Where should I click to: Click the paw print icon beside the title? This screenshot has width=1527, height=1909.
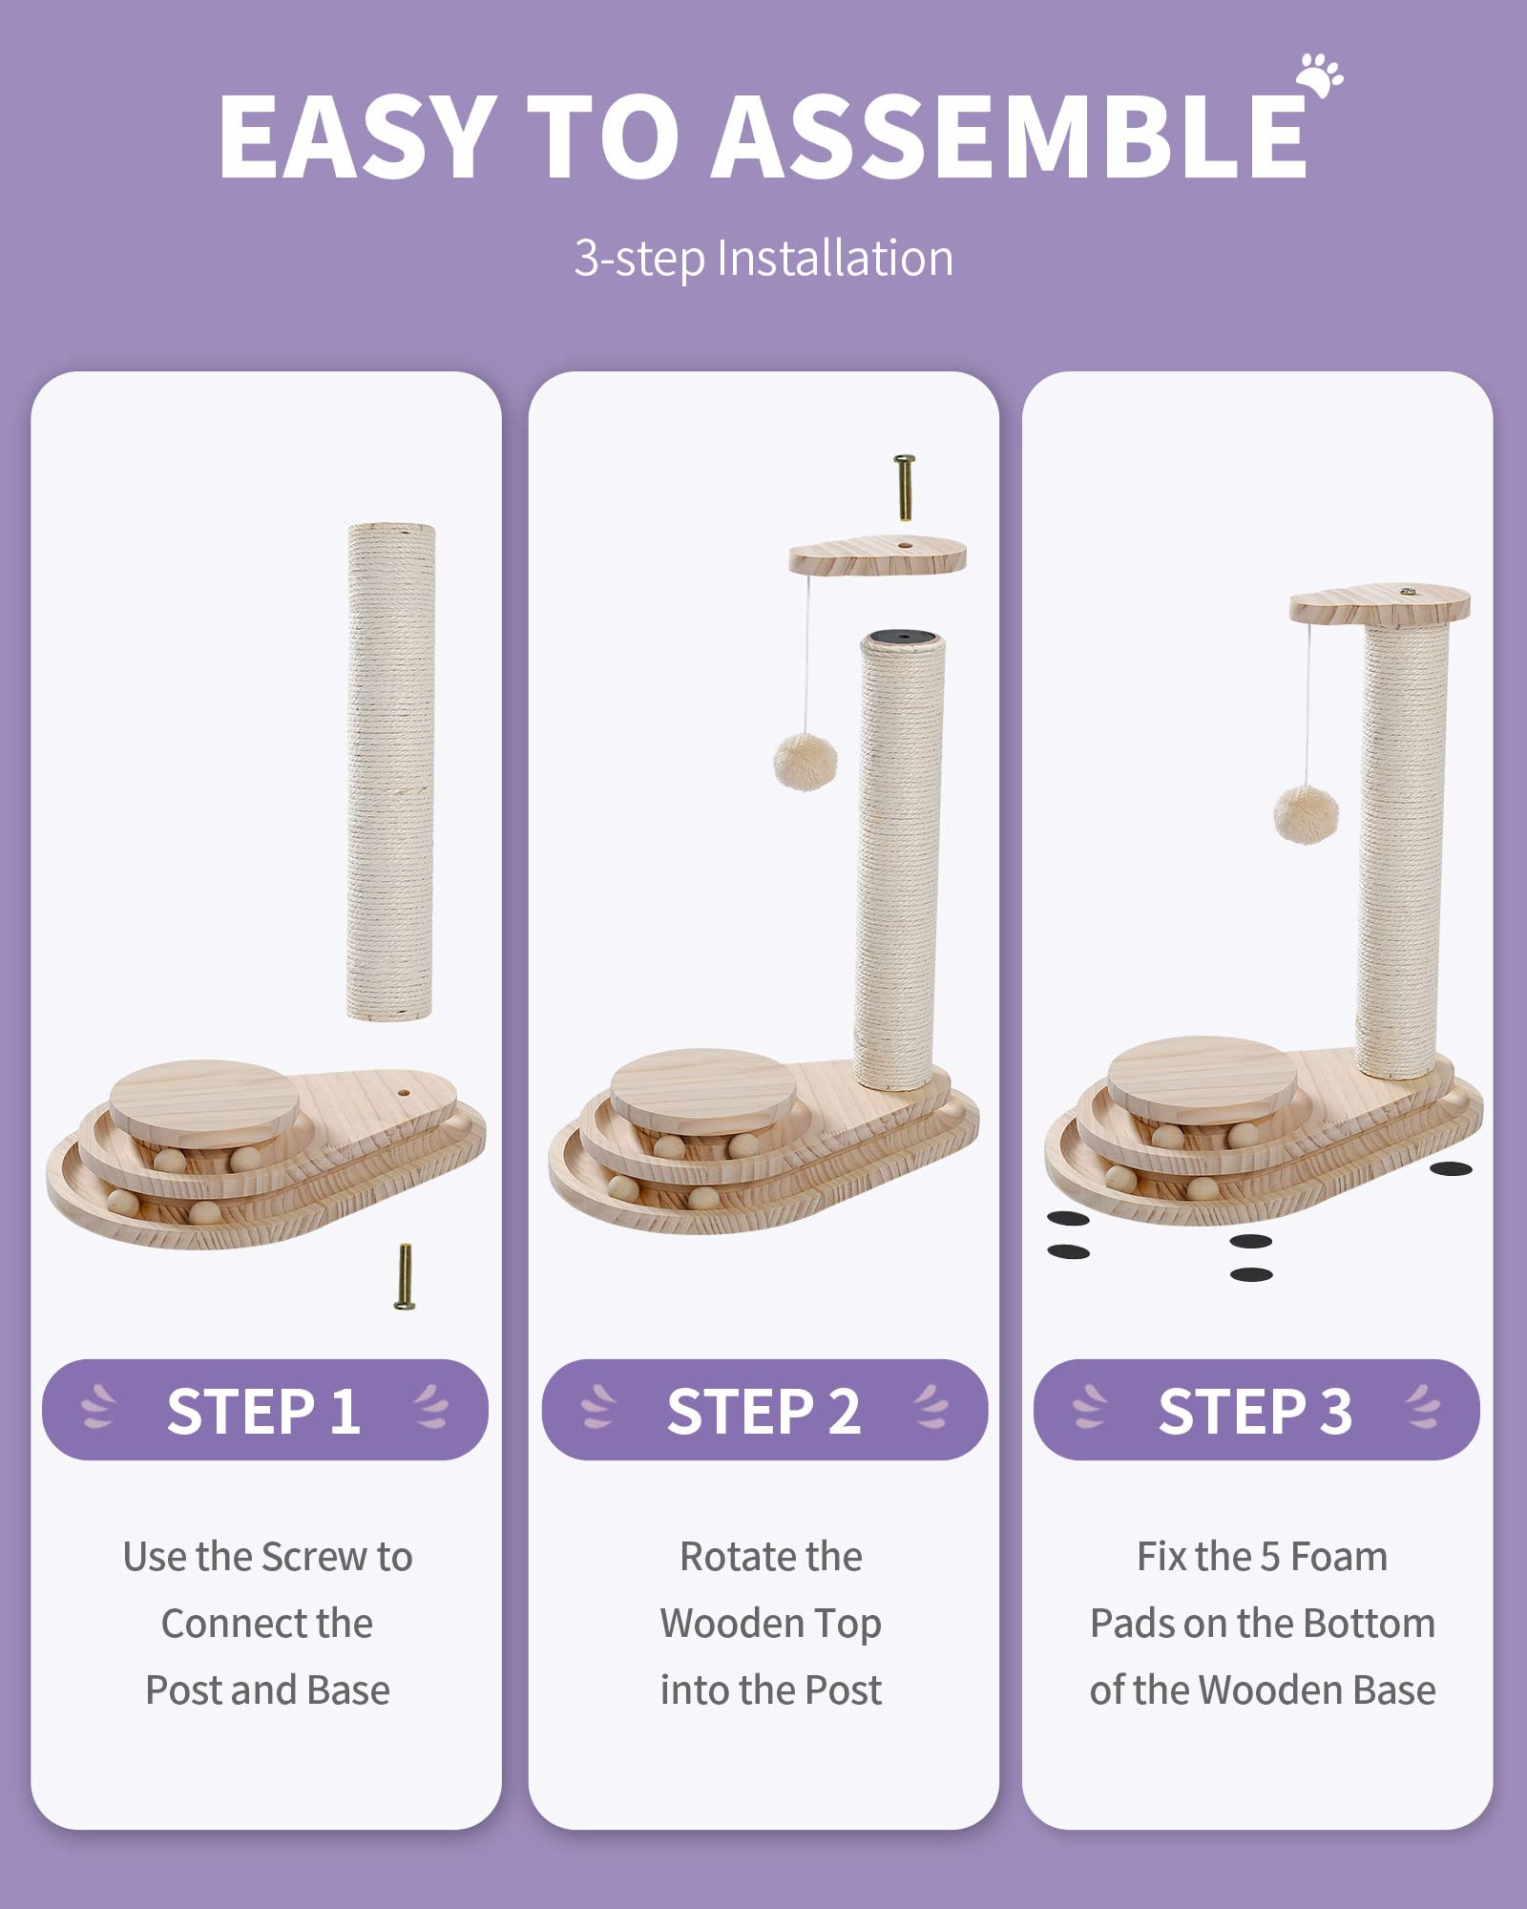(x=1320, y=75)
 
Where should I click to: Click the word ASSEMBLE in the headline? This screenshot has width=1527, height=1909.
(x=1010, y=136)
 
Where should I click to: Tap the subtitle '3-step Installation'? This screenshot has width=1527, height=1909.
(x=763, y=259)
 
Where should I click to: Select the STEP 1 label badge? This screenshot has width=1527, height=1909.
(x=264, y=1411)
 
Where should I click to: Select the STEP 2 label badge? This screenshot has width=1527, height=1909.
(x=763, y=1411)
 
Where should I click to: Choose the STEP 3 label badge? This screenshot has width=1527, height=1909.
(x=1256, y=1411)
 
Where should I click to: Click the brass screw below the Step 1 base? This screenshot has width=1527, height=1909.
(x=405, y=1276)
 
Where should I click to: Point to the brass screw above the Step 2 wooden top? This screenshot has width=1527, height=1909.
(x=904, y=486)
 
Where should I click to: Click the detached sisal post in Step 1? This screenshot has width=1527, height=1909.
(x=390, y=771)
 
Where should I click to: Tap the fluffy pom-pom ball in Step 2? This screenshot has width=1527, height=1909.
(x=805, y=761)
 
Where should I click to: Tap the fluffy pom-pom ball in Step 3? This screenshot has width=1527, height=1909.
(x=1306, y=814)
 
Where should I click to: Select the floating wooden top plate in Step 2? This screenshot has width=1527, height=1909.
(x=877, y=556)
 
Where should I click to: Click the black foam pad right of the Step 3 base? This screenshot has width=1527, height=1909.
(x=1451, y=1168)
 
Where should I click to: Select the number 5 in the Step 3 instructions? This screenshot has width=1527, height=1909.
(x=1269, y=1557)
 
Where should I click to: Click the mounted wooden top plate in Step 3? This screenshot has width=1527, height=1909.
(x=1379, y=605)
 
